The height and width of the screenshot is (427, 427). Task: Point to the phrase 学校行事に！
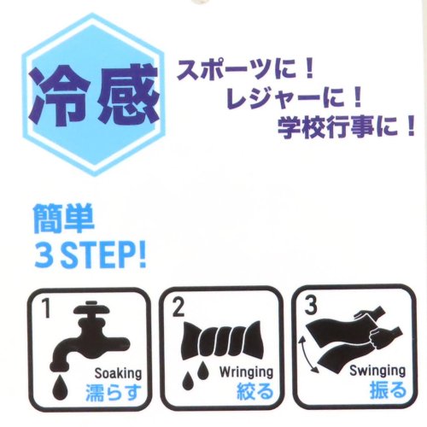pos(346,129)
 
